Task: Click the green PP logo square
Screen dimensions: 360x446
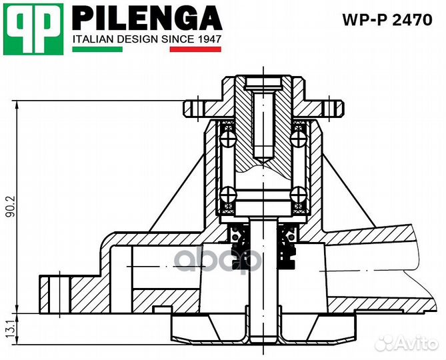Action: [x=34, y=29]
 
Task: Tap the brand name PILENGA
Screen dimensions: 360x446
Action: [x=146, y=17]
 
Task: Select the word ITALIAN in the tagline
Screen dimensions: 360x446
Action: [x=93, y=39]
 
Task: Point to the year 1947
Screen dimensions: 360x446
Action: [x=209, y=39]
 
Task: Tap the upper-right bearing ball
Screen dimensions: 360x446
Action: [x=297, y=137]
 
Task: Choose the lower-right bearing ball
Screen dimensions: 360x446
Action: [x=297, y=195]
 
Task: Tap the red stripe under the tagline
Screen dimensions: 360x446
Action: [x=195, y=49]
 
